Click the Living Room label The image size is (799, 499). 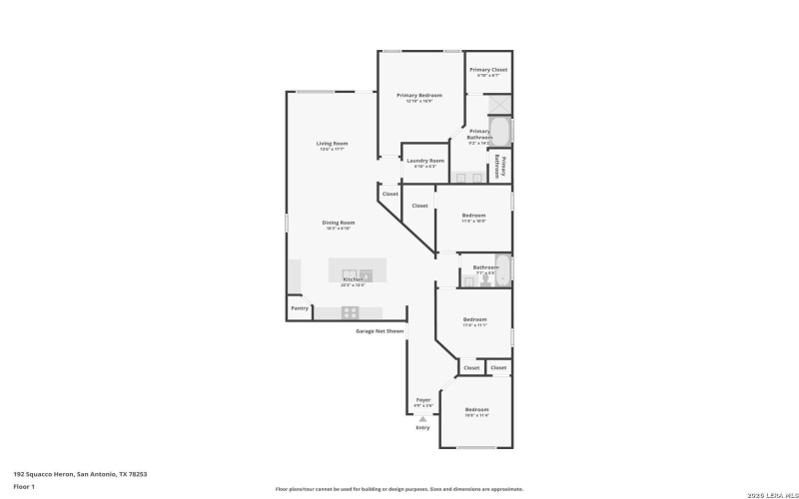(332, 144)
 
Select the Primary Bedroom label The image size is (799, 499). (418, 96)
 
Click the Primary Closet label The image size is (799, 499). (489, 70)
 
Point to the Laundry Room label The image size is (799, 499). (424, 161)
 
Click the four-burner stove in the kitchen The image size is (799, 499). (350, 312)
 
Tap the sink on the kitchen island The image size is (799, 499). (350, 273)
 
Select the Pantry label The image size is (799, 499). (300, 308)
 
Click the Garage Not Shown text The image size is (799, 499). (381, 330)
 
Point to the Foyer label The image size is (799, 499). (423, 400)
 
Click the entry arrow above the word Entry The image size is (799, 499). (422, 419)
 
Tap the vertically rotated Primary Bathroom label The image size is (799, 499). (504, 166)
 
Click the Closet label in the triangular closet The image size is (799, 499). (390, 194)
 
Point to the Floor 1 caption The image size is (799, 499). (24, 487)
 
